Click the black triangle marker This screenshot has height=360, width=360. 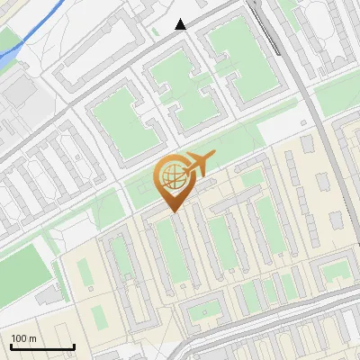tap(181, 24)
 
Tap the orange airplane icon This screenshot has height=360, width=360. tap(197, 165)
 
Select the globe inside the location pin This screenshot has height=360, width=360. tap(171, 177)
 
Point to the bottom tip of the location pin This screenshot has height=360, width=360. tap(172, 212)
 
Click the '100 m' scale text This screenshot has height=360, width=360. tap(23, 338)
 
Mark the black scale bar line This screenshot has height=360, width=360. tap(41, 347)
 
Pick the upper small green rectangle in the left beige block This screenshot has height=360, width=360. tap(85, 270)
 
